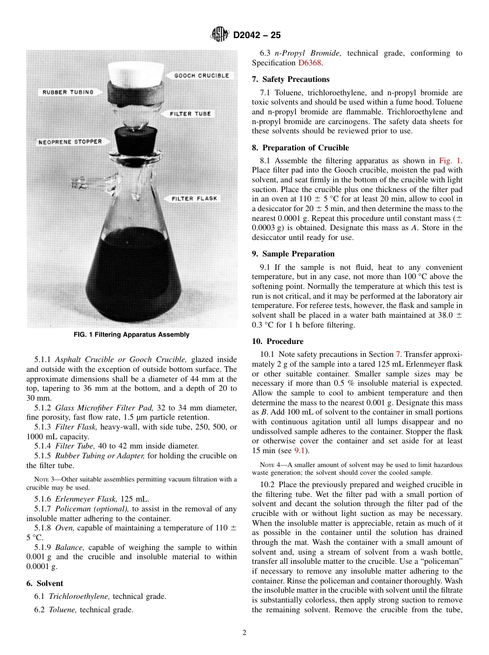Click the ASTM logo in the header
(220, 36)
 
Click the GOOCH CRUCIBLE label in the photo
(201, 76)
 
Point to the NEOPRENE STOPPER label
(70, 142)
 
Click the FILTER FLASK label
(194, 198)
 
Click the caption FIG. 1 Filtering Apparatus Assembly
(132, 335)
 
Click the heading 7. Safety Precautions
(290, 79)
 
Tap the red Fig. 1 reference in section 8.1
(450, 161)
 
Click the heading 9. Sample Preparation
(293, 254)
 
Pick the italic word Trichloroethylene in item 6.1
(79, 596)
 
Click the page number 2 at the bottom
(244, 633)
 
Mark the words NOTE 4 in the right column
(270, 465)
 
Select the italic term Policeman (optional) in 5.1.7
(89, 509)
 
